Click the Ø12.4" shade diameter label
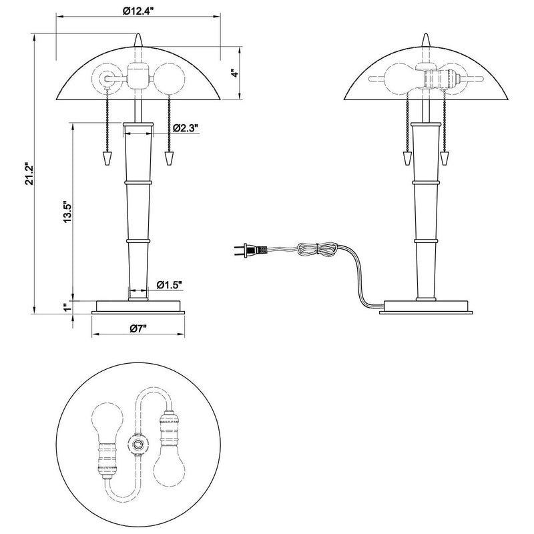(x=138, y=11)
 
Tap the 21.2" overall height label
(x=29, y=173)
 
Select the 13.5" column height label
(x=68, y=211)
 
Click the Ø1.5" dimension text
(x=170, y=284)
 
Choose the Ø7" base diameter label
(x=138, y=328)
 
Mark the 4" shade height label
(x=235, y=73)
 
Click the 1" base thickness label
(x=67, y=307)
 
